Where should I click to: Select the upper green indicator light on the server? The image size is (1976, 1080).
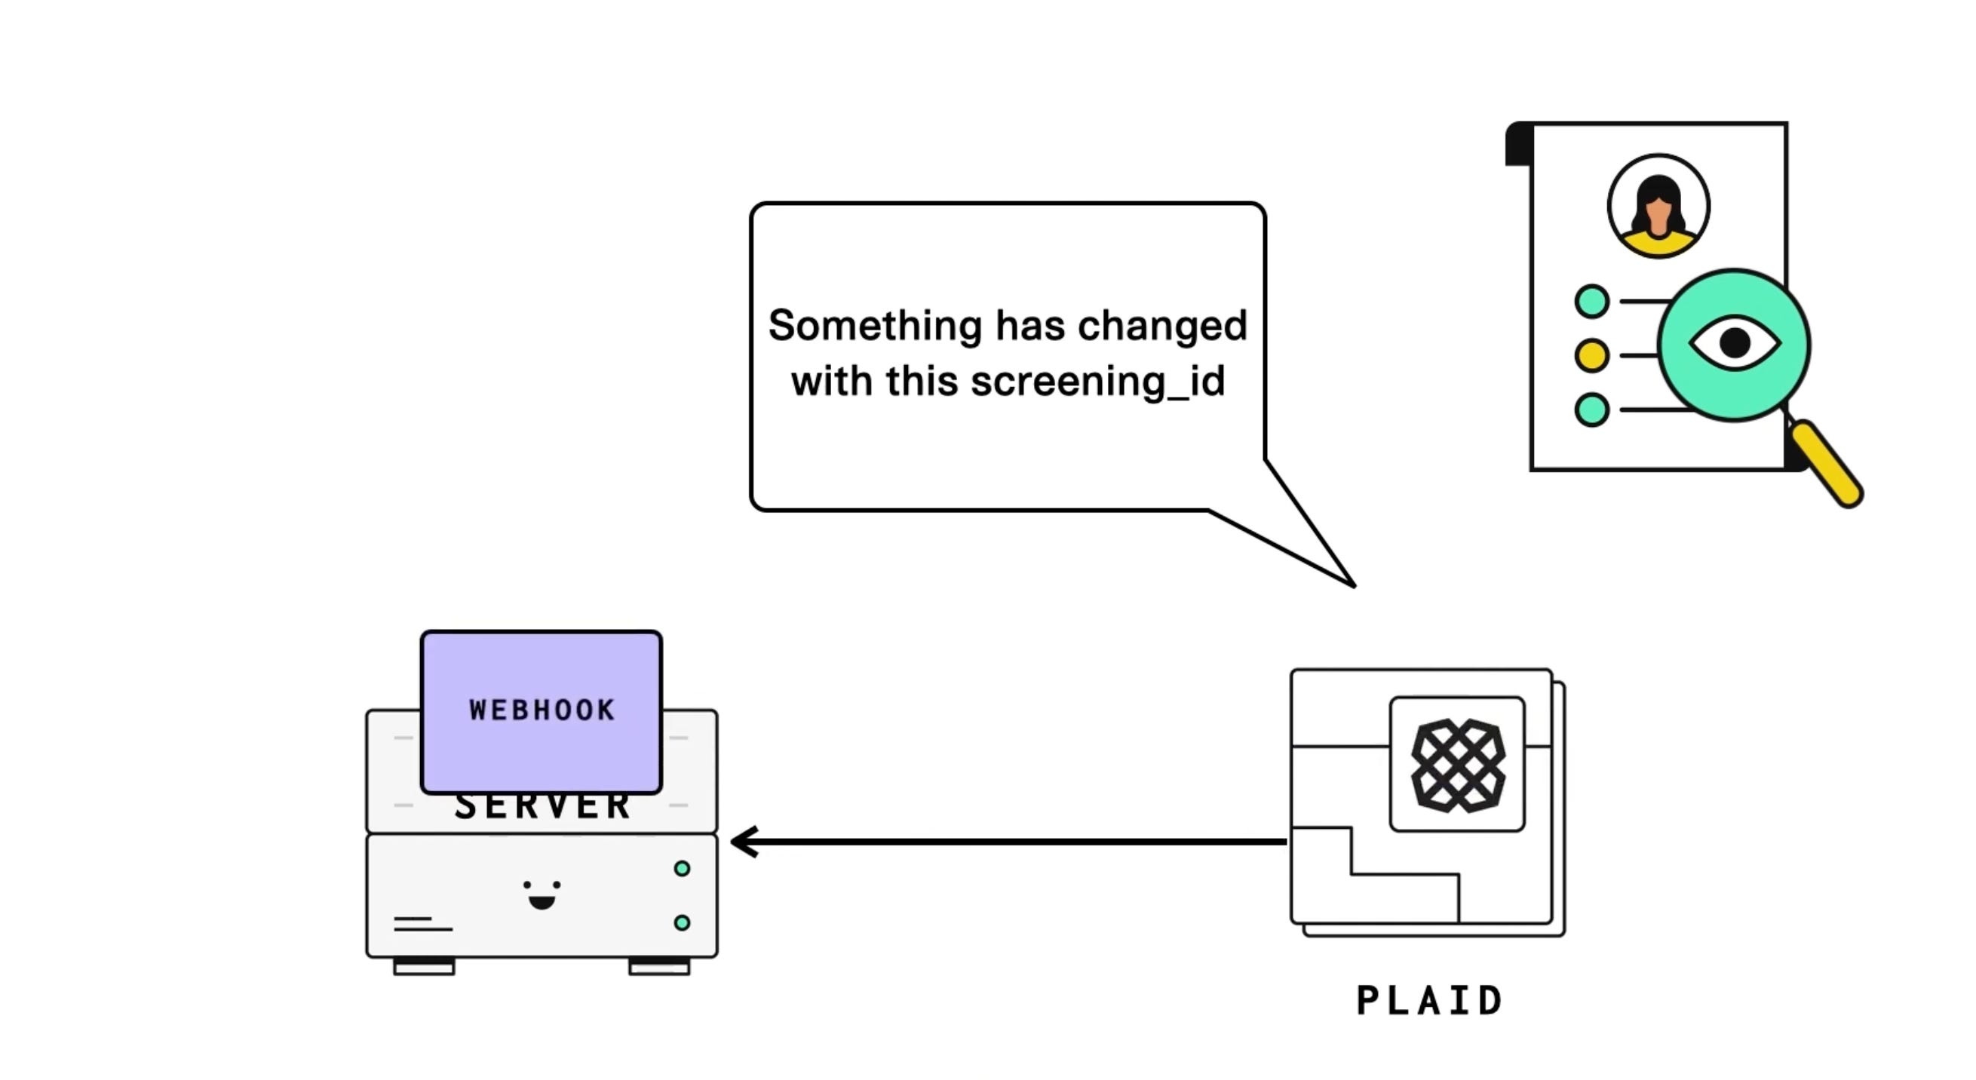682,868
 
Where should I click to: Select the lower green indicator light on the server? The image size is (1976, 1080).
682,923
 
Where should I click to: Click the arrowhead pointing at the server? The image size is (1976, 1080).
743,842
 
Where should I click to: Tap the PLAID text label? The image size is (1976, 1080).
1429,1001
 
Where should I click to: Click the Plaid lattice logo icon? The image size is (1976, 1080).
1457,765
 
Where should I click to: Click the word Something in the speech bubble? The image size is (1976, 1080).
874,326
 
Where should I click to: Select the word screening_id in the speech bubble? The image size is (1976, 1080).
1097,381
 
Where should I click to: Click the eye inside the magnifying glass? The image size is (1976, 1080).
1735,343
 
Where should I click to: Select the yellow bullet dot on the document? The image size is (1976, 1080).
1591,355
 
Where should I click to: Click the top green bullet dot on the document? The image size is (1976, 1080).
1591,302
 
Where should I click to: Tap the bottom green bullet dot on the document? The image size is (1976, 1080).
1591,410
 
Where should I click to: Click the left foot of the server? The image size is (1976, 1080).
423,966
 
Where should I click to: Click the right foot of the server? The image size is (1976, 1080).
659,966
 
